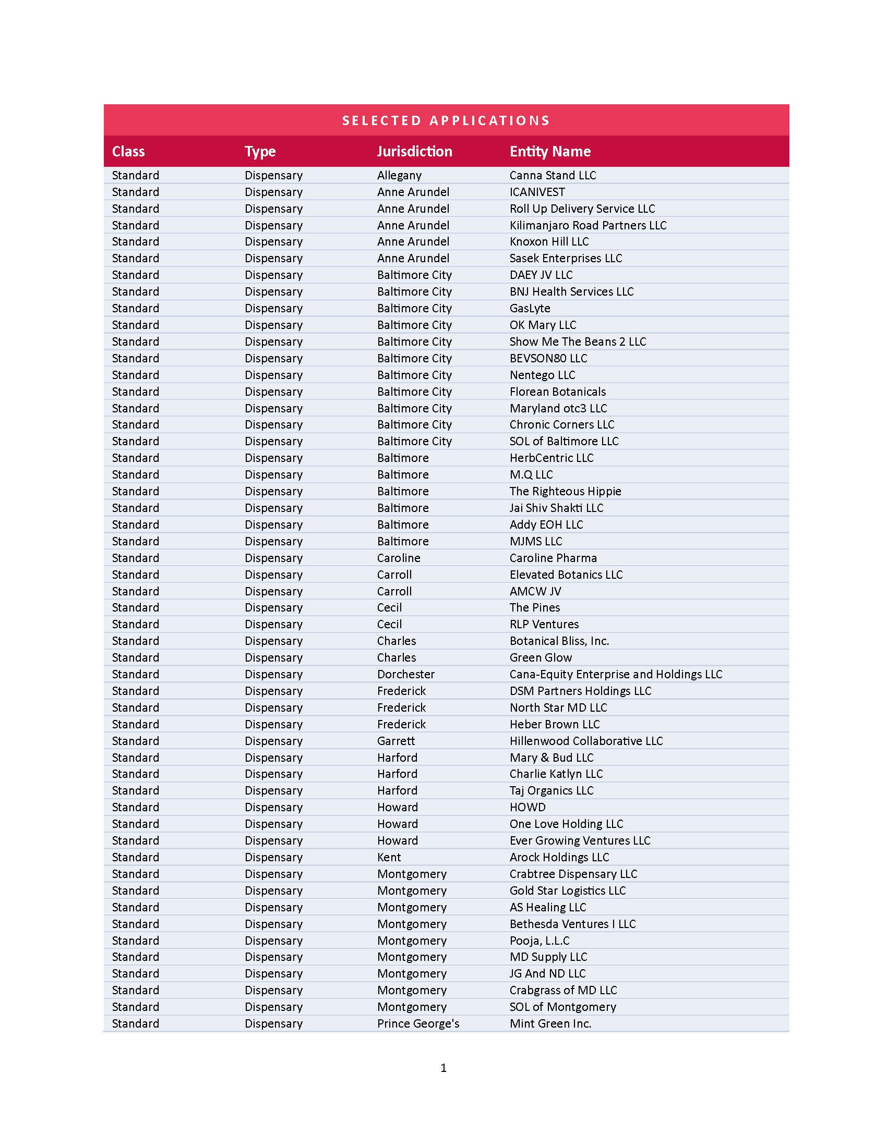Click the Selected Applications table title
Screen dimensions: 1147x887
(446, 121)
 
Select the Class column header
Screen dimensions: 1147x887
(128, 152)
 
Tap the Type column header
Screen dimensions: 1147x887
(260, 152)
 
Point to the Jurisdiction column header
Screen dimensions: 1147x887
(414, 152)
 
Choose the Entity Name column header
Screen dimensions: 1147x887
(549, 152)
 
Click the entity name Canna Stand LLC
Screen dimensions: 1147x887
(552, 175)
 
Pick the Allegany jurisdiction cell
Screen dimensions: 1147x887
(399, 175)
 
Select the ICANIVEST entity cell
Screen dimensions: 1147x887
(537, 192)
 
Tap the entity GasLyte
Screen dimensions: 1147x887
(530, 308)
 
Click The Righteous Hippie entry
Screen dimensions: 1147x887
(565, 491)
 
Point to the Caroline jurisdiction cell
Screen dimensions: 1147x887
(398, 558)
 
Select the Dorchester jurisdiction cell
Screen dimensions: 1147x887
(405, 674)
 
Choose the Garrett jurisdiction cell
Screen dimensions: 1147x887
(395, 741)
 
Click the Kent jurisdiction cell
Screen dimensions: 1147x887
(389, 857)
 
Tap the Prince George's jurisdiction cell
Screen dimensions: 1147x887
(418, 1023)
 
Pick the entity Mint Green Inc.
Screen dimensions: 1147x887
(550, 1023)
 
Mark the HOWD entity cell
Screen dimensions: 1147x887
(527, 807)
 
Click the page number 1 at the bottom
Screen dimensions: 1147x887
(443, 1068)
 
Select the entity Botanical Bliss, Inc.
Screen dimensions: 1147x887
(559, 641)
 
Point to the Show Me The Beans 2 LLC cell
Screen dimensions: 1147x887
(578, 341)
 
